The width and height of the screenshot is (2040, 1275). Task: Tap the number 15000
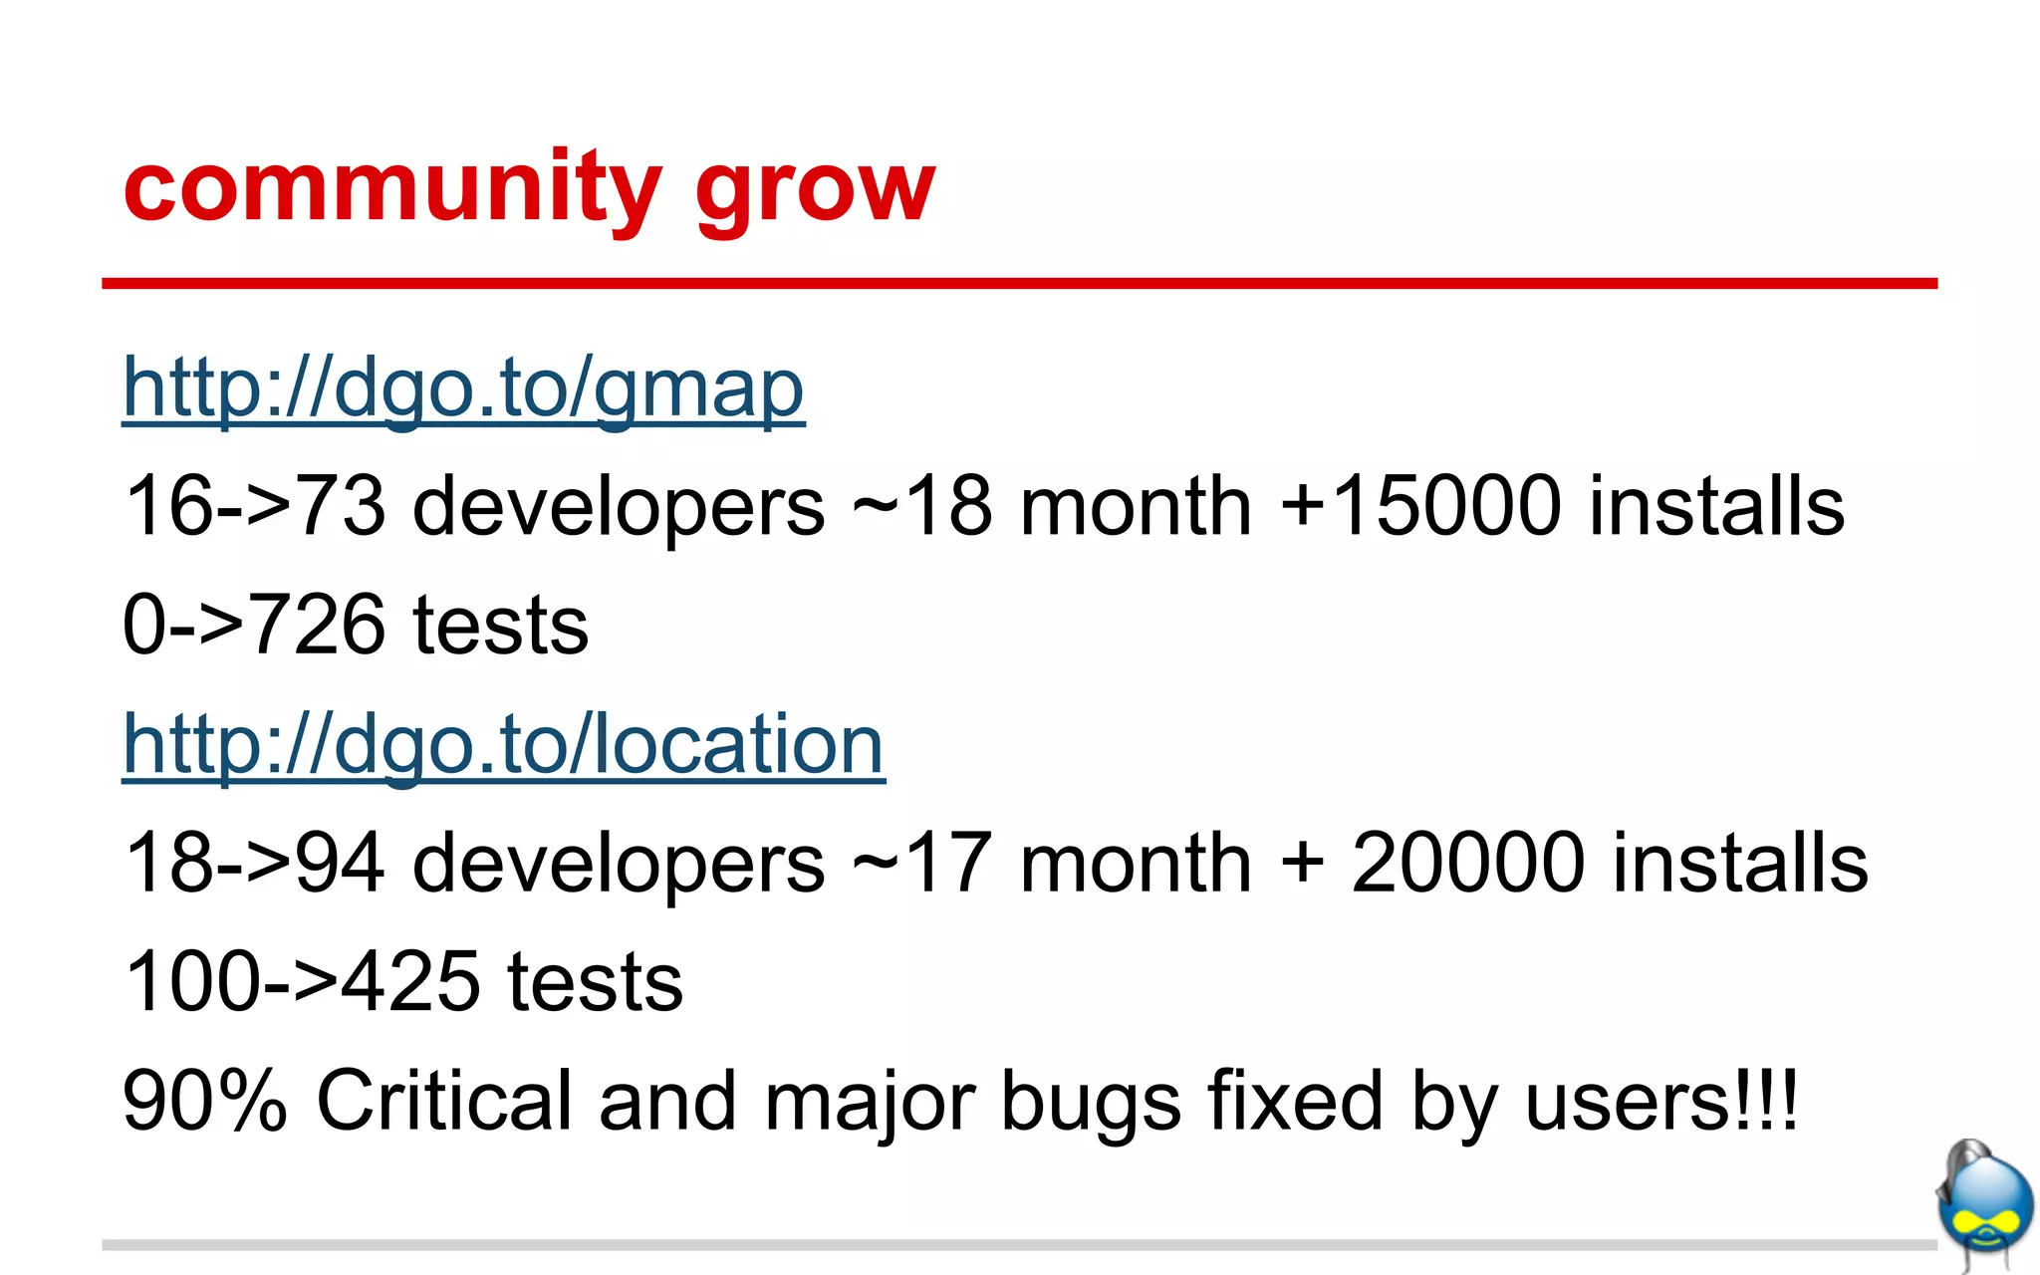(x=1445, y=506)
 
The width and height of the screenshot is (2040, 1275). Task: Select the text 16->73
(x=254, y=506)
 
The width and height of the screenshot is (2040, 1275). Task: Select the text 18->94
(x=254, y=863)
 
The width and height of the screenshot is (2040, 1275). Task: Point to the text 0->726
(x=253, y=625)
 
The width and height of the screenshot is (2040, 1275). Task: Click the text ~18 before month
(x=922, y=506)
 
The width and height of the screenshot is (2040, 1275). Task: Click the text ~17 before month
(x=922, y=863)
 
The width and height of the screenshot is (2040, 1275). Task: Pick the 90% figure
(x=204, y=1101)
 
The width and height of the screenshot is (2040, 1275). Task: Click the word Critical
(x=444, y=1101)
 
